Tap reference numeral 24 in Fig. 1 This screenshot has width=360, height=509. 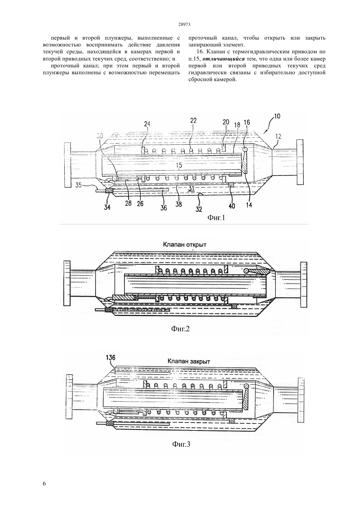pyautogui.click(x=147, y=124)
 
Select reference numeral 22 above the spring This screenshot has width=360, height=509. pyautogui.click(x=193, y=120)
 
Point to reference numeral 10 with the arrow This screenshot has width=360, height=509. pyautogui.click(x=277, y=116)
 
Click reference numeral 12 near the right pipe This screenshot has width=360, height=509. pyautogui.click(x=278, y=136)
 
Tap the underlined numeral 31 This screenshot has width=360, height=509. pyautogui.click(x=191, y=188)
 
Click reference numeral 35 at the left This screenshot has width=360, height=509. pyautogui.click(x=79, y=185)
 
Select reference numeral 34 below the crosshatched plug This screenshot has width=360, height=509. pyautogui.click(x=107, y=207)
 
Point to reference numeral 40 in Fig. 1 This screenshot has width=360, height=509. pyautogui.click(x=232, y=206)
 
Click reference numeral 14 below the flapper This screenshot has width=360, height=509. pyautogui.click(x=249, y=205)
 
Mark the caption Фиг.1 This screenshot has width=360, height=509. pyautogui.click(x=216, y=218)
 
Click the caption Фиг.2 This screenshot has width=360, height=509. pyautogui.click(x=180, y=328)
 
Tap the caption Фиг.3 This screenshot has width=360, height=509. pyautogui.click(x=181, y=444)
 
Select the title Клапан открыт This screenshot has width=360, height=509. pyautogui.click(x=185, y=244)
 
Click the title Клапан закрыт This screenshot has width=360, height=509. pyautogui.click(x=189, y=361)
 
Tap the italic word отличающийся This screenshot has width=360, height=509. pyautogui.click(x=224, y=59)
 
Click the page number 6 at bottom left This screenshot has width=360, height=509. pyautogui.click(x=44, y=483)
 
